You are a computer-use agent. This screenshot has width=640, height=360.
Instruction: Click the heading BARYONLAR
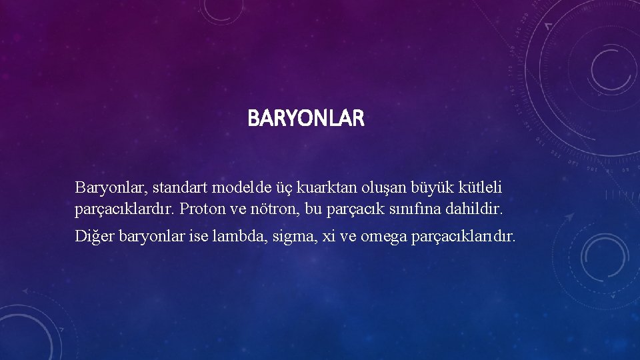tap(306, 119)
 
